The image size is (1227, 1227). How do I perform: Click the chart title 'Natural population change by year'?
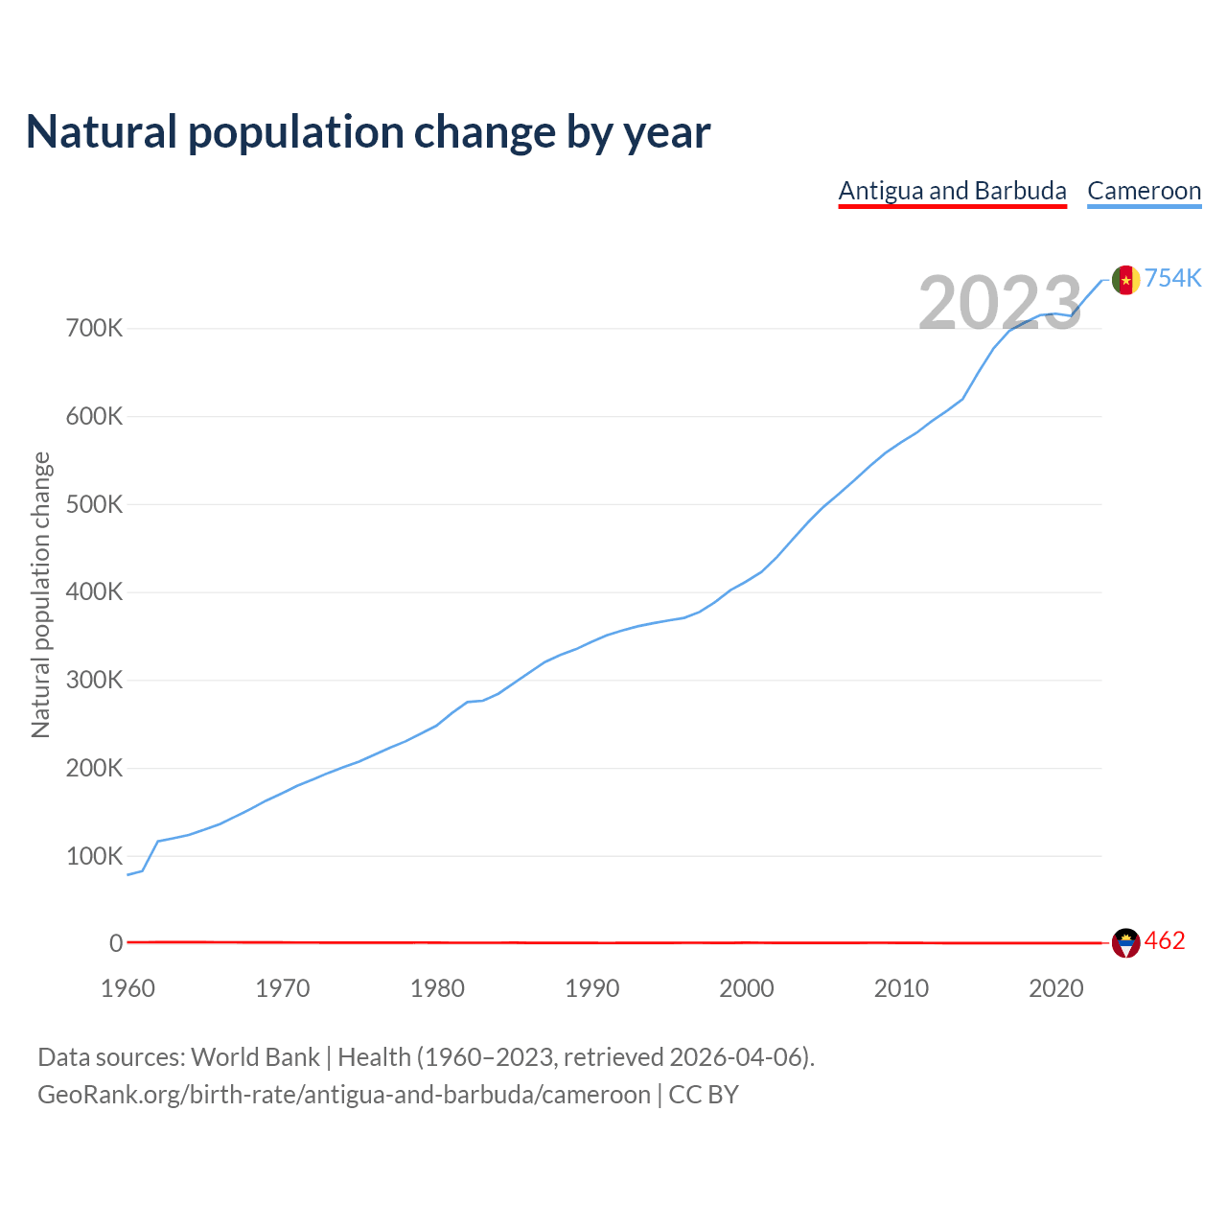pyautogui.click(x=368, y=132)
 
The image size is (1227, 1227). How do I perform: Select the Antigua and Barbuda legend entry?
pyautogui.click(x=952, y=191)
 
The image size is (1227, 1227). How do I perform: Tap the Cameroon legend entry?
pyautogui.click(x=1144, y=191)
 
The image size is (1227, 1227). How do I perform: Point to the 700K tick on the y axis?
pyautogui.click(x=95, y=329)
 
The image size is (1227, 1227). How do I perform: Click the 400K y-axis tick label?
pyautogui.click(x=95, y=592)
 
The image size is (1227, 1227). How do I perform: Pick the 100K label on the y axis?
pyautogui.click(x=95, y=856)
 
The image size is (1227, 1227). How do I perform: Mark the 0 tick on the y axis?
pyautogui.click(x=116, y=943)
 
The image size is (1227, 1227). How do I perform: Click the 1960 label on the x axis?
pyautogui.click(x=127, y=988)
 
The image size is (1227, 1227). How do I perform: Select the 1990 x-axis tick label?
pyautogui.click(x=592, y=988)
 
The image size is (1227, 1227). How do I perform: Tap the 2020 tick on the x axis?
pyautogui.click(x=1056, y=988)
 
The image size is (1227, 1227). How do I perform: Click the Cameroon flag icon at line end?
pyautogui.click(x=1125, y=280)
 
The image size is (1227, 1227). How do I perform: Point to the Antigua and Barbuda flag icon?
pyautogui.click(x=1125, y=943)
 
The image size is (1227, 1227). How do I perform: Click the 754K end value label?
pyautogui.click(x=1173, y=278)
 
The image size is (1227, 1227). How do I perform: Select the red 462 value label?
pyautogui.click(x=1165, y=941)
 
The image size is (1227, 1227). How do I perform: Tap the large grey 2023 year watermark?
pyautogui.click(x=1000, y=303)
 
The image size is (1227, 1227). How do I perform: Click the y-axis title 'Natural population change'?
pyautogui.click(x=40, y=595)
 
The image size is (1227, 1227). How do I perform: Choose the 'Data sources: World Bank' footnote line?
pyautogui.click(x=426, y=1057)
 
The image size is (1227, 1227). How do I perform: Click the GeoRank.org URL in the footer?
pyautogui.click(x=344, y=1095)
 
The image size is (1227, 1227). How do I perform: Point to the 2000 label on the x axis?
pyautogui.click(x=747, y=988)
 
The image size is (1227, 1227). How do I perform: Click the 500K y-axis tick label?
pyautogui.click(x=95, y=504)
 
